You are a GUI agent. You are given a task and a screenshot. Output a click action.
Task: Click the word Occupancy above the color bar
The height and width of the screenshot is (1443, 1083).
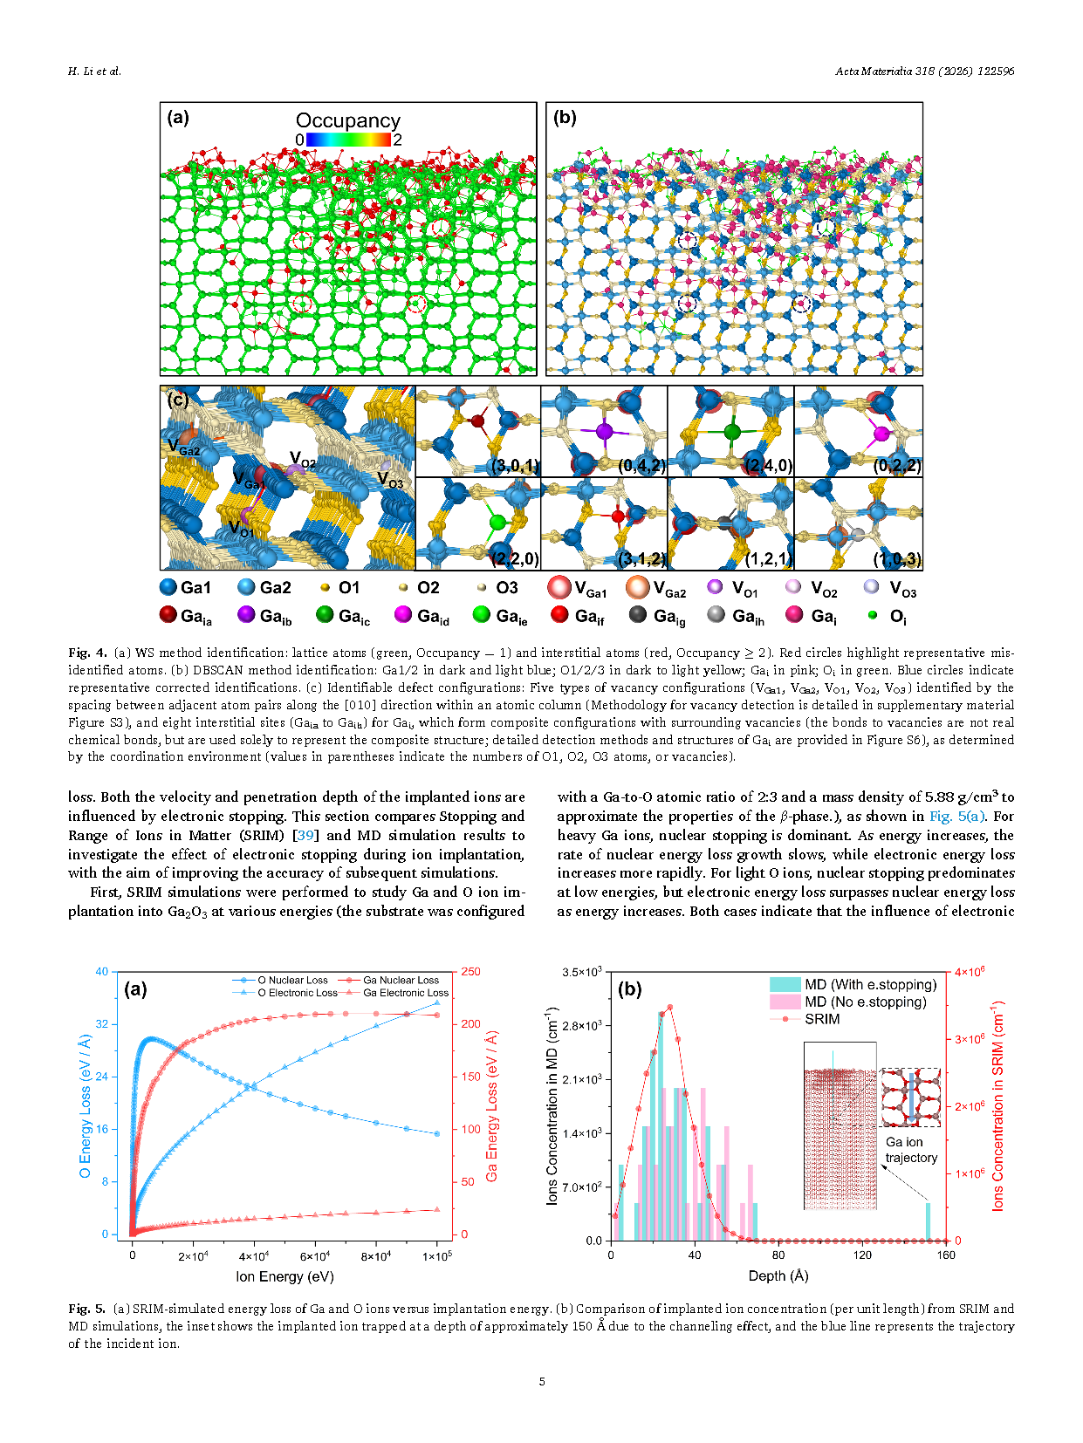(x=348, y=120)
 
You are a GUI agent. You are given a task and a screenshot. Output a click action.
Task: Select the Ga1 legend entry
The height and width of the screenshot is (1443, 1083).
(x=186, y=587)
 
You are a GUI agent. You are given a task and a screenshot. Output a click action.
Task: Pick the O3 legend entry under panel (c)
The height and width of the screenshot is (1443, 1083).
(x=497, y=587)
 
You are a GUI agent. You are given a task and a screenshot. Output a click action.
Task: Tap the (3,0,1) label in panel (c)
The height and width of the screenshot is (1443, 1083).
(x=515, y=465)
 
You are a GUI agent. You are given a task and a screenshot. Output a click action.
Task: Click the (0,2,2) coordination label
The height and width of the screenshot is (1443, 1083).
(x=897, y=465)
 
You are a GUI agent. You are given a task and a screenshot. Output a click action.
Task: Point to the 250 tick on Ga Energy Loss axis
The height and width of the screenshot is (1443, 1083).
(x=470, y=971)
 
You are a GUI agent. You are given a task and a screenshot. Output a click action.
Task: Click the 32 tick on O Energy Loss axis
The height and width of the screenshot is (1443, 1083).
(x=102, y=1023)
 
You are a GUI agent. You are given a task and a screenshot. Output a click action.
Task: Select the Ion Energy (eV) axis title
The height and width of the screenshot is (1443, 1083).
(x=284, y=1276)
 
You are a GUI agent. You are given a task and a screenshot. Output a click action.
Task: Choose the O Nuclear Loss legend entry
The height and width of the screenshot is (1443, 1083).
(x=280, y=980)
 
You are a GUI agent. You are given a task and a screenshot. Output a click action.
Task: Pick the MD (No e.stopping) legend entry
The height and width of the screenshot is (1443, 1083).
(x=848, y=1002)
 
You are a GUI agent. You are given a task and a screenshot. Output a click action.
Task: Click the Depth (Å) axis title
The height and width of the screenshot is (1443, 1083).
(x=778, y=1275)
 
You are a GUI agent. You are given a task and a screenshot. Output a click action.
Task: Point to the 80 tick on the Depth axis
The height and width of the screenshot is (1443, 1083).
(x=778, y=1255)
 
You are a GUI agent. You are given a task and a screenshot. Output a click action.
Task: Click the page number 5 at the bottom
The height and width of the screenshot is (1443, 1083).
(x=542, y=1381)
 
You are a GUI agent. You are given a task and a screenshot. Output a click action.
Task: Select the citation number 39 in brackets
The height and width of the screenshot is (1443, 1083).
(x=305, y=835)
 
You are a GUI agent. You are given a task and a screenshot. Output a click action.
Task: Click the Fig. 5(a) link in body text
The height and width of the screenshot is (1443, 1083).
(x=957, y=816)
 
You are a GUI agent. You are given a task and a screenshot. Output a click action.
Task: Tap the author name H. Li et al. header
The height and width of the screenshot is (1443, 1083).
(x=95, y=71)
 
